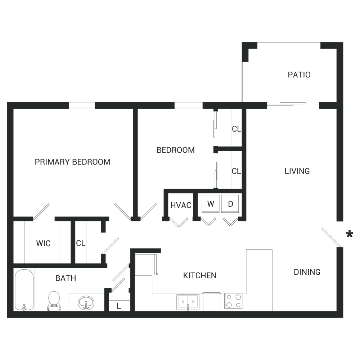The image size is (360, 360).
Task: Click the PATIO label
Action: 299,75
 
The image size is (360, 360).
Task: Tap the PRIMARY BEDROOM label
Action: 72,162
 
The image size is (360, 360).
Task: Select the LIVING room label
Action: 297,171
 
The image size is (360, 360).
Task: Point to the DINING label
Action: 307,272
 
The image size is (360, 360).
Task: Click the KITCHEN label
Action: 200,276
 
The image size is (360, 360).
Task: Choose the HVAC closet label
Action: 180,205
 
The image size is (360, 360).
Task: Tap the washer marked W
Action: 211,204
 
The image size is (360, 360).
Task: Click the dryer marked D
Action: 230,204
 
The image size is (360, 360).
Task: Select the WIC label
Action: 43,243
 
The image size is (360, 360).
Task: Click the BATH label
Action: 66,278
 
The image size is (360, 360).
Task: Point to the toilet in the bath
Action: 54,301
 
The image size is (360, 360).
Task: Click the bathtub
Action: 24,290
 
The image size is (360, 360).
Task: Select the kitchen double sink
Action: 188,301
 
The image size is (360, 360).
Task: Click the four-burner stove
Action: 234,301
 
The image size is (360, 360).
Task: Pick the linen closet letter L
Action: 118,306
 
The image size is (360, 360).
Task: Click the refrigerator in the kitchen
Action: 145,264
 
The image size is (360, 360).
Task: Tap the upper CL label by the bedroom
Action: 237,129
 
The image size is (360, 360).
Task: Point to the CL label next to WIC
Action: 81,243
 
